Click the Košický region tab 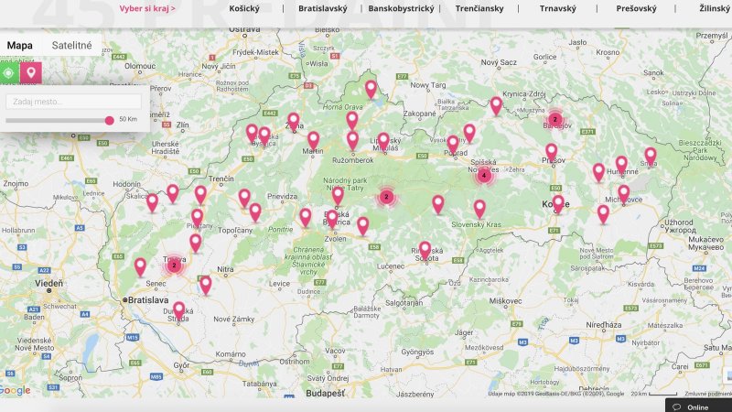pyautogui.click(x=244, y=8)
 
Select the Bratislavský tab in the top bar pyautogui.click(x=322, y=8)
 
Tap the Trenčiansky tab pyautogui.click(x=479, y=8)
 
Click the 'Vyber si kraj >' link pyautogui.click(x=147, y=8)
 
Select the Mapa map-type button pyautogui.click(x=20, y=45)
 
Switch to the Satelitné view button pyautogui.click(x=71, y=45)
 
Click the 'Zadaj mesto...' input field pyautogui.click(x=73, y=102)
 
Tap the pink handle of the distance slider pyautogui.click(x=110, y=120)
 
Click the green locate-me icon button pyautogui.click(x=9, y=72)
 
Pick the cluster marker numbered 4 pyautogui.click(x=483, y=176)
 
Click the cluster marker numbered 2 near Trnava pyautogui.click(x=174, y=266)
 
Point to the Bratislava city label pyautogui.click(x=151, y=299)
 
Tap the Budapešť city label pyautogui.click(x=327, y=393)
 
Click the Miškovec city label pyautogui.click(x=505, y=300)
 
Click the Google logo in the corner pyautogui.click(x=15, y=391)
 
